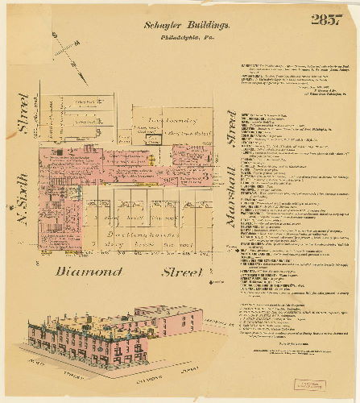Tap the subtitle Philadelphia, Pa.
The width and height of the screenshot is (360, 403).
pos(179,37)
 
